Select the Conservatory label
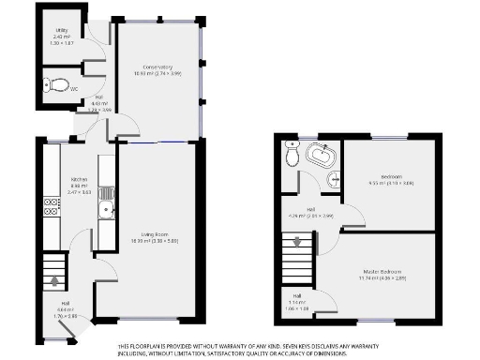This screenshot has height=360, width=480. pos(157,67)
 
